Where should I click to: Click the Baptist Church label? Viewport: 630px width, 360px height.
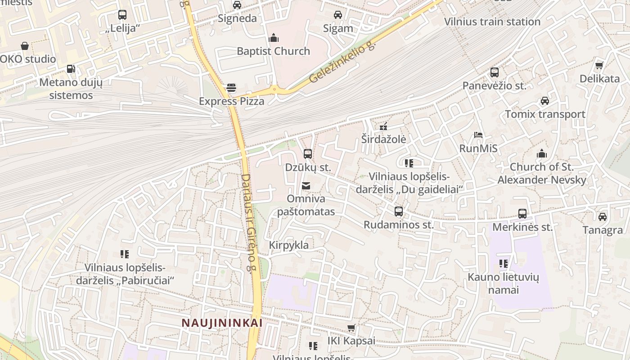(273, 51)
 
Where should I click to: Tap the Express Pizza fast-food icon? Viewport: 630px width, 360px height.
(231, 88)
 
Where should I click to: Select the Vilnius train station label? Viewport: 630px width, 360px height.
(492, 22)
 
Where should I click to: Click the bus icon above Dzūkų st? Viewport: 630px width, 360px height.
(308, 154)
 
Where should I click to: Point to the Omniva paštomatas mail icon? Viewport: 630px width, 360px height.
(306, 185)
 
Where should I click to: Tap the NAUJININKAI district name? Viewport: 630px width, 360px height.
(222, 323)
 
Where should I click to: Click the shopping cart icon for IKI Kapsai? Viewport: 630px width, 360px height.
(351, 328)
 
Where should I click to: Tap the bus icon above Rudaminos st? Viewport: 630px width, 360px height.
(398, 211)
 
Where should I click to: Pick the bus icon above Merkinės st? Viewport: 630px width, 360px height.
(522, 213)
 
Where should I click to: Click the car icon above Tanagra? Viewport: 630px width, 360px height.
(602, 216)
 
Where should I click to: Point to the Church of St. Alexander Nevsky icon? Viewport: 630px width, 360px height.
(542, 153)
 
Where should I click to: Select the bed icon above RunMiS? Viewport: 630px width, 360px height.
(478, 135)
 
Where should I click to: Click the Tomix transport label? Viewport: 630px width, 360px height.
(545, 114)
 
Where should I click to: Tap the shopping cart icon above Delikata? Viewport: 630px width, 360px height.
(599, 66)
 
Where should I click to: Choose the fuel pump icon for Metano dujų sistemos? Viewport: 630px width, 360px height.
(71, 69)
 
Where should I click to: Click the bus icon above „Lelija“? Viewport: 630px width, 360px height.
(122, 14)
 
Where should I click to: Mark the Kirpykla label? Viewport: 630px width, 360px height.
(289, 245)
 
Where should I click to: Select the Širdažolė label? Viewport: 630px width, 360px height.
(383, 139)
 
